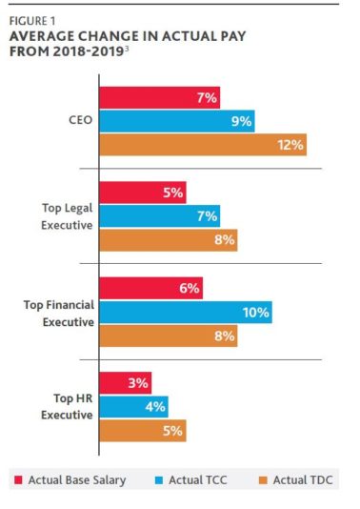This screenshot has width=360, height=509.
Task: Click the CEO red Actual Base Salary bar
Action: [160, 97]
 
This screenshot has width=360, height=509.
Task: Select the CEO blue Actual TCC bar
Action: [176, 121]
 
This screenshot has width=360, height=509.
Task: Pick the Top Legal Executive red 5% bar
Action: [142, 193]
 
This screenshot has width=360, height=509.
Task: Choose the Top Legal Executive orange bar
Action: [168, 240]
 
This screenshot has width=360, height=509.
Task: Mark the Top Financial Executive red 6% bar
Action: [150, 288]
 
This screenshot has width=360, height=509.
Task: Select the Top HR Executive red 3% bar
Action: [125, 383]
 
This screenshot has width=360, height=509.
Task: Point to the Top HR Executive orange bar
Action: [142, 431]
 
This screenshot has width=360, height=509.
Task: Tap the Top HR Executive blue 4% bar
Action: [133, 407]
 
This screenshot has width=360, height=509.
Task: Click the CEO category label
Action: [81, 121]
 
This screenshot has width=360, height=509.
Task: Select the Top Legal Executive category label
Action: [65, 215]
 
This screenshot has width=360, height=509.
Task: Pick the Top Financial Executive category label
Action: [59, 312]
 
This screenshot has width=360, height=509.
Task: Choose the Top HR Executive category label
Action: [67, 407]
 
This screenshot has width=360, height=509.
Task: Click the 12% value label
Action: [290, 145]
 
